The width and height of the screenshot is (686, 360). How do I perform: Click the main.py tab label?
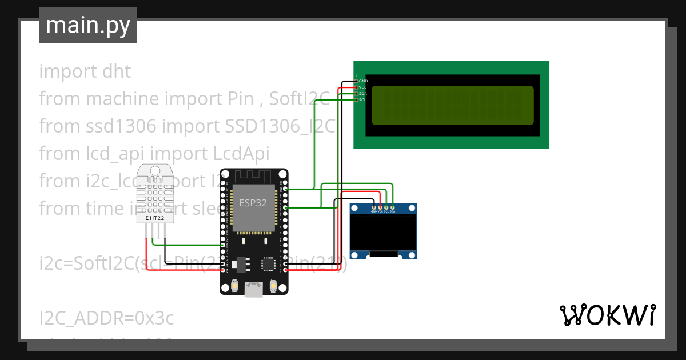click(87, 25)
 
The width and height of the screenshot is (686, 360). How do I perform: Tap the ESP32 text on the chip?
click(252, 203)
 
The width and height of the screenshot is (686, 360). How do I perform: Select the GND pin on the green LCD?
click(357, 81)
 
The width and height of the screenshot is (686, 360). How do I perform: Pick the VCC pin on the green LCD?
click(357, 87)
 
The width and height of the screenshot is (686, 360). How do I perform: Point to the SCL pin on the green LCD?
click(357, 100)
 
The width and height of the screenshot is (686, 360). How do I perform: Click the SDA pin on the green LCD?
click(357, 94)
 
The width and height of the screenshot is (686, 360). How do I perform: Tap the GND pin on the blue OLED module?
click(374, 207)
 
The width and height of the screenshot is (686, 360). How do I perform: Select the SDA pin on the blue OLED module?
click(393, 207)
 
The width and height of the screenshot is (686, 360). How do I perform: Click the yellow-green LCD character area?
click(452, 105)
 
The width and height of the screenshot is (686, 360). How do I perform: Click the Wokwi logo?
click(607, 315)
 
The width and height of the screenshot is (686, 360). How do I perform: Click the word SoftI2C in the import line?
click(300, 99)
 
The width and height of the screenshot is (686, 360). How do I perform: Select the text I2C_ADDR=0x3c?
click(106, 318)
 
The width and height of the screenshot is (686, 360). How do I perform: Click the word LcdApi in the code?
click(241, 154)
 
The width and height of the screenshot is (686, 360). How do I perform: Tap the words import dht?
click(85, 71)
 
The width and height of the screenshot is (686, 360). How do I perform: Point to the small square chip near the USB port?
click(269, 263)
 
